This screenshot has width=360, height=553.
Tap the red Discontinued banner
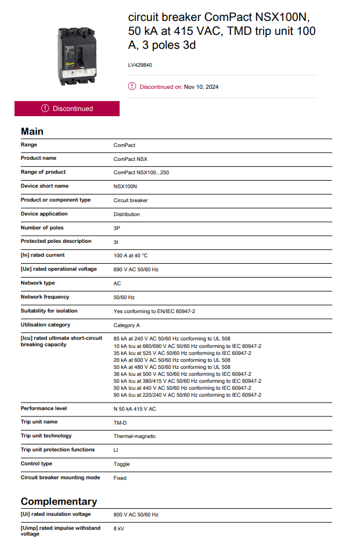coord(67,109)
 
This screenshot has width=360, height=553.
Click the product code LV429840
coord(140,66)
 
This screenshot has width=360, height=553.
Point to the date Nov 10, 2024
coord(201,87)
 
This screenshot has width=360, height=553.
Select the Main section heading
coord(32,131)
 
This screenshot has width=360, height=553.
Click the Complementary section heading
coord(59,501)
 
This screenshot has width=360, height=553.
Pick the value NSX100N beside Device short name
coord(125,186)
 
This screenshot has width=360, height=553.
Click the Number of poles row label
coord(42,228)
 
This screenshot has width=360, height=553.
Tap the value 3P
coord(117,228)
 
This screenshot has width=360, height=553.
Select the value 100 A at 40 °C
coord(131,256)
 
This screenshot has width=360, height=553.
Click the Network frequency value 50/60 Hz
coord(124,297)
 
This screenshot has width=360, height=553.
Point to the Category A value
coord(127,325)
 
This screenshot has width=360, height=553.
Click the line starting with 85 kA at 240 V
coord(172,338)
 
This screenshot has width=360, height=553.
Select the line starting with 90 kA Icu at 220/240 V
coord(187,395)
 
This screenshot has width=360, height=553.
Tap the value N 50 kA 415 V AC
coord(135,409)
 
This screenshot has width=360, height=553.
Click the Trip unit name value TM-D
coord(120,422)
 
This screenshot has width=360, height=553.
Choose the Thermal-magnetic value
coord(135,436)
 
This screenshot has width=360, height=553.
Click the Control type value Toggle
coord(121,464)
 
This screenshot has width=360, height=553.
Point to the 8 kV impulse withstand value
coord(118,529)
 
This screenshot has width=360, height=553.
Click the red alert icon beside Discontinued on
coord(132,87)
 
